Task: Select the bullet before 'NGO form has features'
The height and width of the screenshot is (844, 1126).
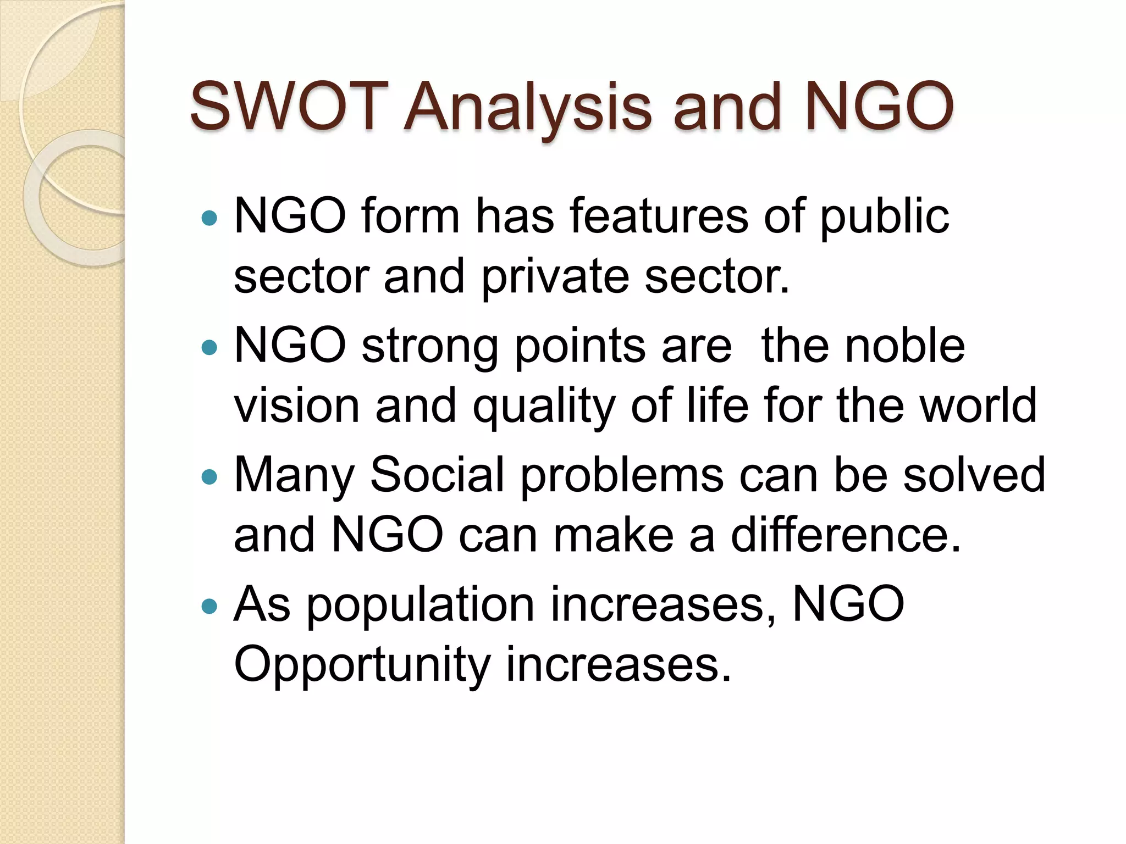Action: [x=209, y=219]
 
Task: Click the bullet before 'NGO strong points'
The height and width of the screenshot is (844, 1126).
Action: [x=209, y=347]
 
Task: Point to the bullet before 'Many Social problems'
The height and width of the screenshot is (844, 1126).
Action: [x=209, y=476]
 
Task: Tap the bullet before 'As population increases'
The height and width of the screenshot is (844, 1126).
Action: [x=209, y=606]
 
